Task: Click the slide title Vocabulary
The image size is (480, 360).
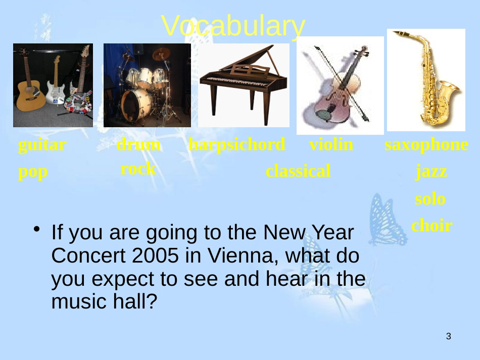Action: [233, 26]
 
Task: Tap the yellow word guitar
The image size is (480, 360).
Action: [42, 145]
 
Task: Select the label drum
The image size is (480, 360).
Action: [138, 144]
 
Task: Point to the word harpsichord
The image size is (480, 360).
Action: [237, 144]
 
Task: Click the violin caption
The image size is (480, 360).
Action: [331, 144]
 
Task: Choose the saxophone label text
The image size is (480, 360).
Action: [426, 145]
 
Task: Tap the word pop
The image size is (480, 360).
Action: [33, 172]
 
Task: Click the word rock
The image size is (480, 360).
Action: [138, 169]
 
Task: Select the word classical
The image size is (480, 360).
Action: [298, 171]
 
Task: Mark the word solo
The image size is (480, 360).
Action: [430, 199]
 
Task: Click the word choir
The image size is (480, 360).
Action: [432, 225]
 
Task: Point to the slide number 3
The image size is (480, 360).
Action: [449, 336]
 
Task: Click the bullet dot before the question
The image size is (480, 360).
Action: [37, 229]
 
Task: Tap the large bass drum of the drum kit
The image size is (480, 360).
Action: [135, 106]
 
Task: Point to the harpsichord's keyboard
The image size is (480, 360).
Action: [237, 81]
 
